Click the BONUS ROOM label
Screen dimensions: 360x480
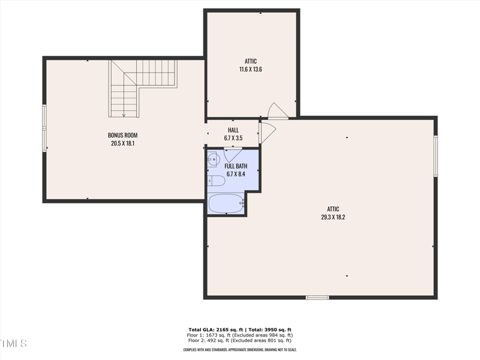pos(122,135)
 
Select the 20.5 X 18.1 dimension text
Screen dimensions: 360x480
pos(122,143)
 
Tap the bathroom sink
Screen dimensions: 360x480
pos(213,159)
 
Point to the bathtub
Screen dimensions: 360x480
pos(226,204)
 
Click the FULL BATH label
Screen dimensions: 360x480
pos(235,166)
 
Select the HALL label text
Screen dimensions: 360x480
pos(233,130)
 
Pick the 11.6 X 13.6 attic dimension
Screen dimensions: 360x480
pos(250,69)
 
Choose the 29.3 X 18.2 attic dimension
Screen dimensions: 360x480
pos(332,217)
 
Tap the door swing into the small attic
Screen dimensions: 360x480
pos(278,111)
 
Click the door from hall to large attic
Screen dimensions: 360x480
pos(266,133)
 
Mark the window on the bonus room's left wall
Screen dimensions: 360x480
pos(44,128)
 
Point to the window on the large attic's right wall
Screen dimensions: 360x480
pos(436,156)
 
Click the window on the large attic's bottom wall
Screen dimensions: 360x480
pos(317,297)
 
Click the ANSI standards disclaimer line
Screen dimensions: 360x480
pos(240,350)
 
